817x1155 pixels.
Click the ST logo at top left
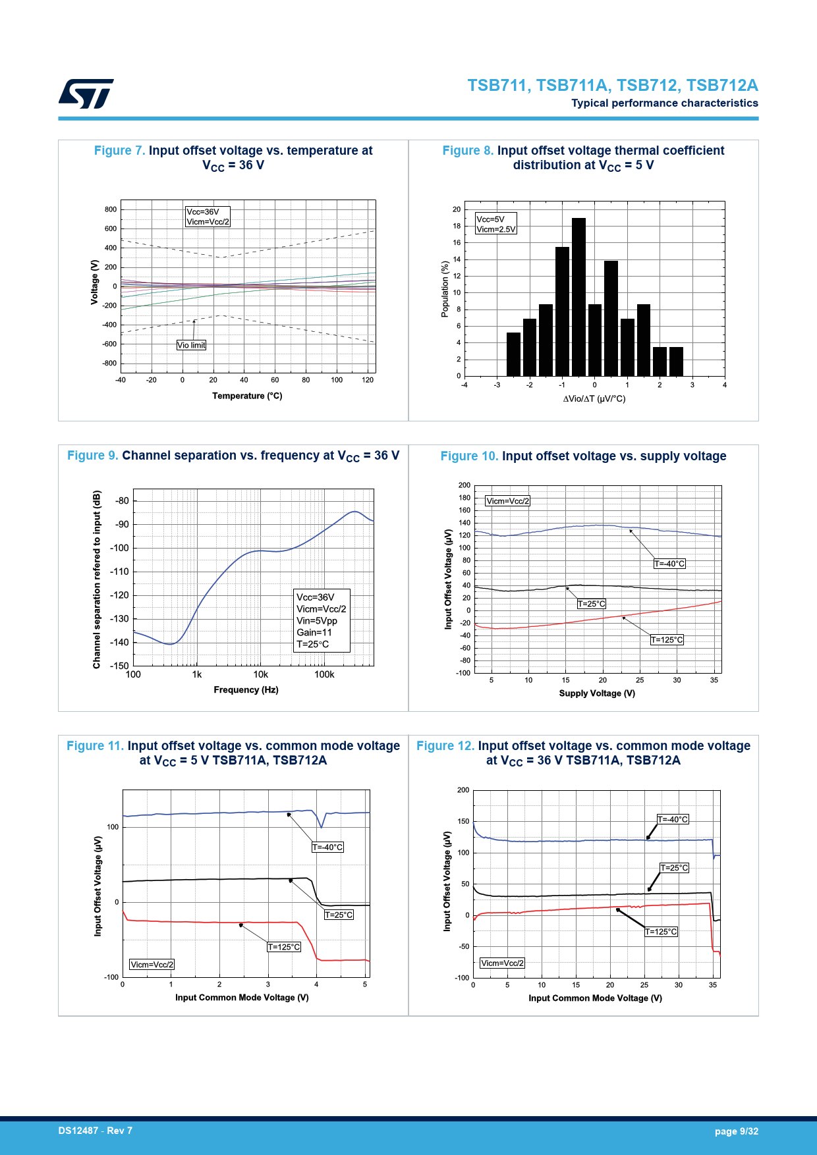click(x=86, y=94)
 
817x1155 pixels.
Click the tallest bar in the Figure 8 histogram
click(x=578, y=296)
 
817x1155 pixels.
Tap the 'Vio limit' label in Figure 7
click(x=191, y=345)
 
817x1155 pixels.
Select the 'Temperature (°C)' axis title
click(x=247, y=396)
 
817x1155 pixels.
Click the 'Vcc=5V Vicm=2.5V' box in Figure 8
click(x=495, y=224)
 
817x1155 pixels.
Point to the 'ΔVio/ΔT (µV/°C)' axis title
click(x=594, y=398)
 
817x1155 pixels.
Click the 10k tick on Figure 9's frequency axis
click(x=260, y=674)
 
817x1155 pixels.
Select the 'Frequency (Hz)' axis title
click(x=246, y=689)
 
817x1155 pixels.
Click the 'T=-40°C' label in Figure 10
click(x=669, y=564)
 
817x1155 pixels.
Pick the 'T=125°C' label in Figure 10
click(x=667, y=640)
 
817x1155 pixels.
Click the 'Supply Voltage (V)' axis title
click(x=597, y=693)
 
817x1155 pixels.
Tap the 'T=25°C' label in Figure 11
click(x=339, y=915)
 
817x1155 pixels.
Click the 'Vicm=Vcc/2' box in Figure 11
click(x=152, y=965)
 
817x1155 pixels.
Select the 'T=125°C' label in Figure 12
click(x=661, y=932)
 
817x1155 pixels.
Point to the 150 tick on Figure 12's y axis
click(x=463, y=821)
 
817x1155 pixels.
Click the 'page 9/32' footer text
click(x=736, y=1131)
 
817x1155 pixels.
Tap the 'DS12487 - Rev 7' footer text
click(x=95, y=1131)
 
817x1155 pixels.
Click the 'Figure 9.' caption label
click(x=92, y=456)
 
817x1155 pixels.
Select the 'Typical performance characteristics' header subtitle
click(x=664, y=103)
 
